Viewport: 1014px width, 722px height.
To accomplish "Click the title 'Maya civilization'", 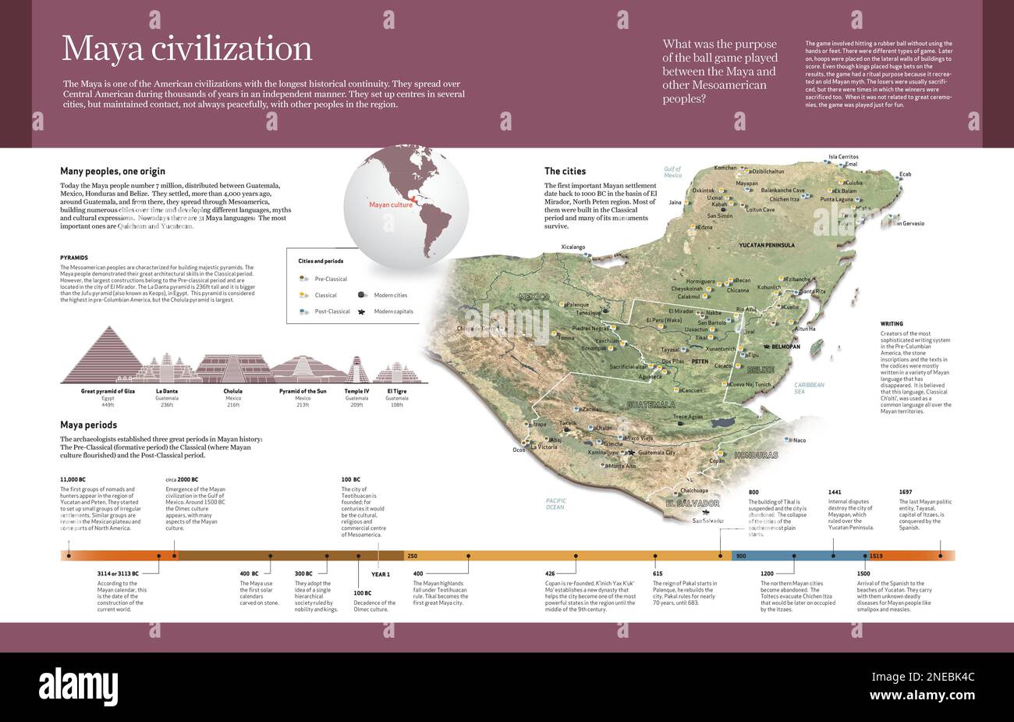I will (186, 48).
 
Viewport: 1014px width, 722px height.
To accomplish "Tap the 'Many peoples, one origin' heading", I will (112, 171).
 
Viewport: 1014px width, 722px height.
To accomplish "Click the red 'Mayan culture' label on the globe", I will (391, 206).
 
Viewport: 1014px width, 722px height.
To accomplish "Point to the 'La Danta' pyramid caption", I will (166, 390).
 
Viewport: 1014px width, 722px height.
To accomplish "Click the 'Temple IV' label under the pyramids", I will (356, 390).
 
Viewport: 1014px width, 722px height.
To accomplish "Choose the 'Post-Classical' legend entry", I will (331, 311).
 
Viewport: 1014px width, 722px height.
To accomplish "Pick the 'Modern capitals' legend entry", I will (393, 311).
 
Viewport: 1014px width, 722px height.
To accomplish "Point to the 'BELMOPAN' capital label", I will (785, 346).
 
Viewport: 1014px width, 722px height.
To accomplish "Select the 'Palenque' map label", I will (577, 304).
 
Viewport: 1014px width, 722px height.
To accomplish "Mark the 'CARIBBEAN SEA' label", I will (809, 388).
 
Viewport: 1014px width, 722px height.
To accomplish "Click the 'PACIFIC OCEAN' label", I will (555, 503).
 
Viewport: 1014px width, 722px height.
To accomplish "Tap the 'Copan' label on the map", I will (716, 461).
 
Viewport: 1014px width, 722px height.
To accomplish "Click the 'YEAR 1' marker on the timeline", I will (380, 574).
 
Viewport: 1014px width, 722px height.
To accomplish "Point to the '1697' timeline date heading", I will (905, 492).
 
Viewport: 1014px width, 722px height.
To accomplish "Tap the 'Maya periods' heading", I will (89, 425).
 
